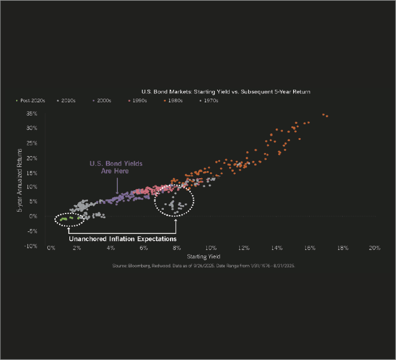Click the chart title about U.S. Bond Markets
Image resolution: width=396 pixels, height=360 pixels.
click(226, 92)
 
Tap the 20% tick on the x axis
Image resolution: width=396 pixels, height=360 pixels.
click(374, 248)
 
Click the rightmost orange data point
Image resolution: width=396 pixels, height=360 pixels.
click(327, 116)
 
